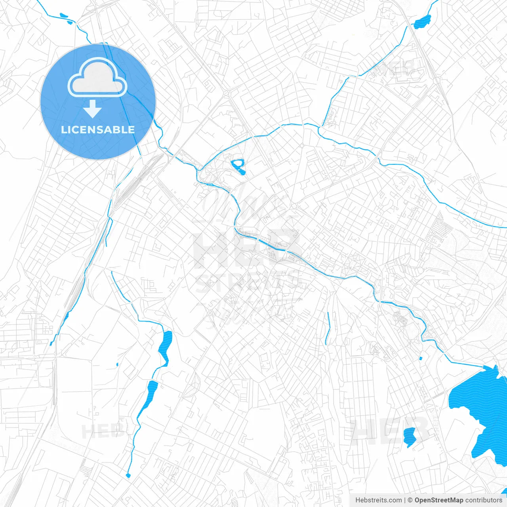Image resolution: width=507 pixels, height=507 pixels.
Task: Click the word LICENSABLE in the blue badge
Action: (98, 130)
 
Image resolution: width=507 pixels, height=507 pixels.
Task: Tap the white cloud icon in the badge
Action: (97, 78)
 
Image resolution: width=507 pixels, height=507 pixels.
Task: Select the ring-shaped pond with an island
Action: (238, 165)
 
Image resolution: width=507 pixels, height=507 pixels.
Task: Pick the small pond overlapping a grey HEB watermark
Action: (410, 436)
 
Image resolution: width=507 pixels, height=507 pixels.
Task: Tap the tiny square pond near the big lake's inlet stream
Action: (420, 358)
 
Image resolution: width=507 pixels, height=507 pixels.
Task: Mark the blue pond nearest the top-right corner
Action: (422, 22)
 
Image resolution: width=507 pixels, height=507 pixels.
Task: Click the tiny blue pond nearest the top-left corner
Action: (63, 15)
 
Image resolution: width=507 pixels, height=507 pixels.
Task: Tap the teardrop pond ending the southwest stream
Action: (128, 475)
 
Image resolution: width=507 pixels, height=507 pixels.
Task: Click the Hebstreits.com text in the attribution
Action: (378, 500)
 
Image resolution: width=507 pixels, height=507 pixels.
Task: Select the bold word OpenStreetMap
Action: (438, 500)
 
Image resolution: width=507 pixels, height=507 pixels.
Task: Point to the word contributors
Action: (484, 500)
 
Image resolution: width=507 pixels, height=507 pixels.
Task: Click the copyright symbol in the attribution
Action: (410, 500)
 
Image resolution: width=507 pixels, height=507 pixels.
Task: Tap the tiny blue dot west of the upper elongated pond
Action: (117, 364)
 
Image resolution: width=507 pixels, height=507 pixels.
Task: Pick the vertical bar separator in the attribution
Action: (405, 500)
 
